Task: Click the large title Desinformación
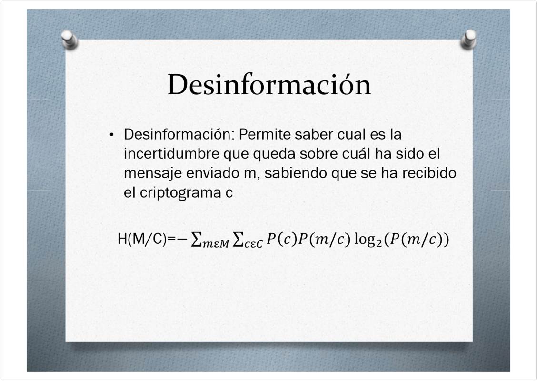pos(269,84)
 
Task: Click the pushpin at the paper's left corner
pos(69,40)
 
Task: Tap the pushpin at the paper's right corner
pos(468,40)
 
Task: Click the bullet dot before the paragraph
pos(112,135)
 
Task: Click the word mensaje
pos(153,173)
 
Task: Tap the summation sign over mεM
pos(196,239)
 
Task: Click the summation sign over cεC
pos(238,239)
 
